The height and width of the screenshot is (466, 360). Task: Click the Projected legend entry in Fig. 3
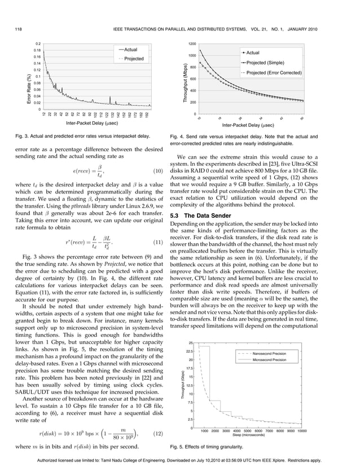click(133, 59)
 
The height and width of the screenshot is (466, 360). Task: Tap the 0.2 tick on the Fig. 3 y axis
click(37, 43)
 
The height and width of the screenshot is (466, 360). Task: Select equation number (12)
click(159, 433)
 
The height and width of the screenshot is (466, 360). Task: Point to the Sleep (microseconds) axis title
click(252, 436)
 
